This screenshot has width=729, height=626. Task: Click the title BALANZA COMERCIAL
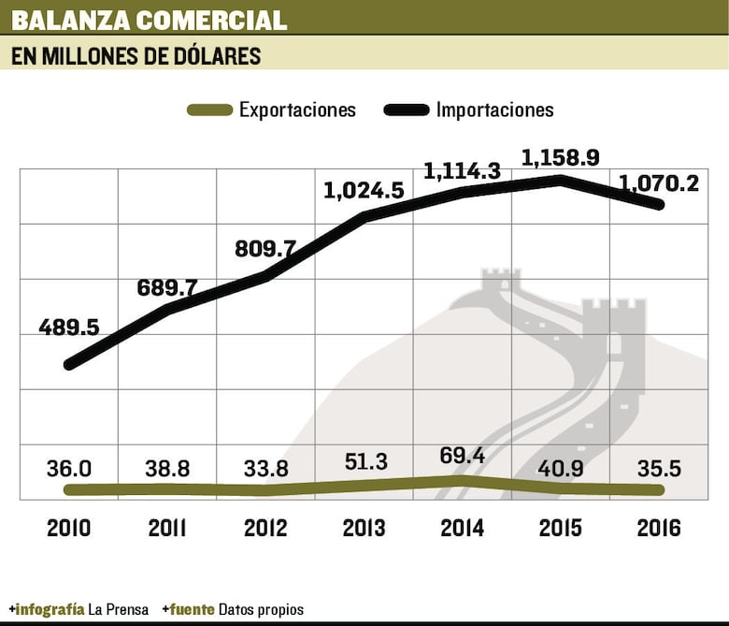click(x=150, y=20)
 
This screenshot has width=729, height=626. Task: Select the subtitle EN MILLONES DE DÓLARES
click(x=136, y=56)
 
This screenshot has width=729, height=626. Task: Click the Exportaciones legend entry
click(x=297, y=109)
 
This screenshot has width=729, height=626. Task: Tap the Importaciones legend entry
click(x=494, y=109)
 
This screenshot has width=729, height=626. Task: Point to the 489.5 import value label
click(x=68, y=328)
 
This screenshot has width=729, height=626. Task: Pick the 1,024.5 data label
click(x=364, y=191)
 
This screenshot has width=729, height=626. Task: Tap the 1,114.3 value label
click(x=463, y=171)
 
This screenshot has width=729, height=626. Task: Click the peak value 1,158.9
click(x=561, y=156)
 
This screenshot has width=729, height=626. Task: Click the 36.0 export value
click(x=69, y=467)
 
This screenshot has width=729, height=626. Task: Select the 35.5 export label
click(x=659, y=467)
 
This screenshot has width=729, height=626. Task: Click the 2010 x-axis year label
click(x=69, y=528)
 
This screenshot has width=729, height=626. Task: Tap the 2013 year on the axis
click(x=364, y=528)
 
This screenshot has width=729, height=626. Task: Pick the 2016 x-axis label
click(x=659, y=528)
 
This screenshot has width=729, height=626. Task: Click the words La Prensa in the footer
click(x=118, y=609)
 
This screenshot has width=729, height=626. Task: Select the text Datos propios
click(x=261, y=609)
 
